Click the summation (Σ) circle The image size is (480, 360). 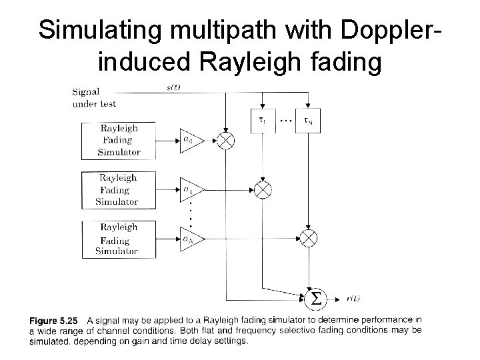point(314,297)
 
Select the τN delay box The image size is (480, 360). point(308,120)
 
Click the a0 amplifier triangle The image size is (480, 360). point(189,140)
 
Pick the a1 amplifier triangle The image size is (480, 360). point(189,189)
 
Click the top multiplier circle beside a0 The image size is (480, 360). point(227,141)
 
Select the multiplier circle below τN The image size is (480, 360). point(309,238)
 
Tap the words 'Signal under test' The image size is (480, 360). point(93,99)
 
